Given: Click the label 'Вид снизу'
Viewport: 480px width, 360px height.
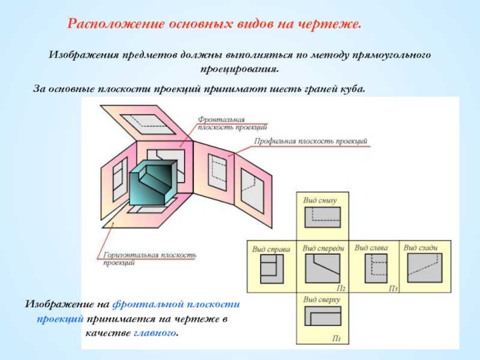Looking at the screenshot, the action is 320,200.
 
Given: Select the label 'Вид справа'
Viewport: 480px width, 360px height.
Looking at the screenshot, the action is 271,249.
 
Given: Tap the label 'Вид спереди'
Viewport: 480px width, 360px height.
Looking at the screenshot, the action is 323,248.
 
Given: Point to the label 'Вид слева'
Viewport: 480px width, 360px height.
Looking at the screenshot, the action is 371,248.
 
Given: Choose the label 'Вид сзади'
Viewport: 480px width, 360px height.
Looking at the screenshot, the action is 421,248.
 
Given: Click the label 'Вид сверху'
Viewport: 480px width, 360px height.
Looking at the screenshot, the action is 322,299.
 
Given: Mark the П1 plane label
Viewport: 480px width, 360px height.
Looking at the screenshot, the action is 337,338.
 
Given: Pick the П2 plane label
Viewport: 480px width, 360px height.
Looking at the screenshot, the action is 341,288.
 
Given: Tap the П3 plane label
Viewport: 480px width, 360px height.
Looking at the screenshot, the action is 393,289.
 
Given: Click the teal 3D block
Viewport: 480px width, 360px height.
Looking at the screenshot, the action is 153,183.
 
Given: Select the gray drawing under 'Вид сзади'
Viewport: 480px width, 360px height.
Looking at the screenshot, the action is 425,268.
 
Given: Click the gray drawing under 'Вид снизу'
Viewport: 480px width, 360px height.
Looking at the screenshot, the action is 322,217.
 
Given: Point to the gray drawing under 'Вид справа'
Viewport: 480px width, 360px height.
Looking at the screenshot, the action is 272,269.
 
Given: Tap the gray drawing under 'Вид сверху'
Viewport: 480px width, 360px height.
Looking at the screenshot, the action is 323,316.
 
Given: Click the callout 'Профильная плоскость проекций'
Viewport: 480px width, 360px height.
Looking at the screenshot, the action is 310,142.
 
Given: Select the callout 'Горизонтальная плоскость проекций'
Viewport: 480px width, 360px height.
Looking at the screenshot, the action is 149,259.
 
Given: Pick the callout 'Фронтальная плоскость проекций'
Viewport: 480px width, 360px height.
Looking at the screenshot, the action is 232,123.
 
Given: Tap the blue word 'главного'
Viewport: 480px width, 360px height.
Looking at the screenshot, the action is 155,333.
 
